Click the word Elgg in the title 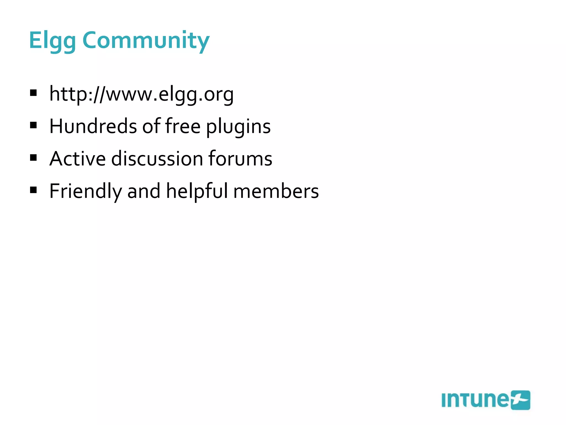click(52, 41)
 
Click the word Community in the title click(146, 41)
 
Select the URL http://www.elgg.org click(141, 94)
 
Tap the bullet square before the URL click(33, 93)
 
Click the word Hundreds click(93, 126)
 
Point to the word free click(183, 126)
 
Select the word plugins click(238, 127)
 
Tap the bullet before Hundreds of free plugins click(33, 125)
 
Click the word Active click(77, 159)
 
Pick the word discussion click(157, 159)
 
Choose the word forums click(240, 159)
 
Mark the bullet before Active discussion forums click(33, 158)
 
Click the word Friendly click(85, 191)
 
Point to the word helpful click(197, 191)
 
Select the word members click(276, 191)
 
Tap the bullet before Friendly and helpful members click(33, 190)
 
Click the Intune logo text click(475, 400)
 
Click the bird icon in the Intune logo click(520, 400)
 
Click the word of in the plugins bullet click(151, 126)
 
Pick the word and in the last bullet click(144, 191)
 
